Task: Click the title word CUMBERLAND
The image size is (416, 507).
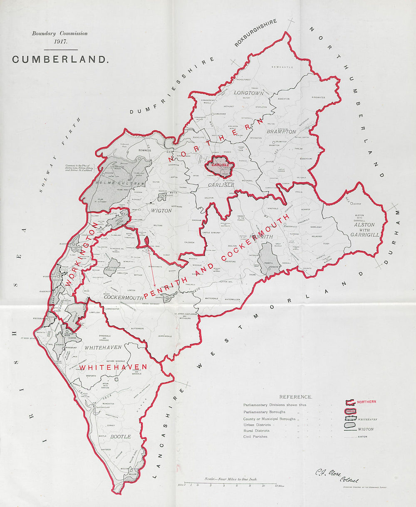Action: (x=60, y=59)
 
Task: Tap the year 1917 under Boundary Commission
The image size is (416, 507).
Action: (x=60, y=41)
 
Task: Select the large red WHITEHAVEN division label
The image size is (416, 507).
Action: (x=113, y=367)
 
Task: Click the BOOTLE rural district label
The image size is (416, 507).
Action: (x=121, y=436)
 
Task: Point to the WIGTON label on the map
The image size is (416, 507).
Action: (x=161, y=211)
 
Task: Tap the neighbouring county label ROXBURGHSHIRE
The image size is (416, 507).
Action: (x=255, y=32)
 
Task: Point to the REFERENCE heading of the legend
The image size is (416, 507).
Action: (x=295, y=397)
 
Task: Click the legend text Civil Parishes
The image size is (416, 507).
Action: (x=255, y=436)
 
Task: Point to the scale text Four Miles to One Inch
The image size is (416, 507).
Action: (x=231, y=479)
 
